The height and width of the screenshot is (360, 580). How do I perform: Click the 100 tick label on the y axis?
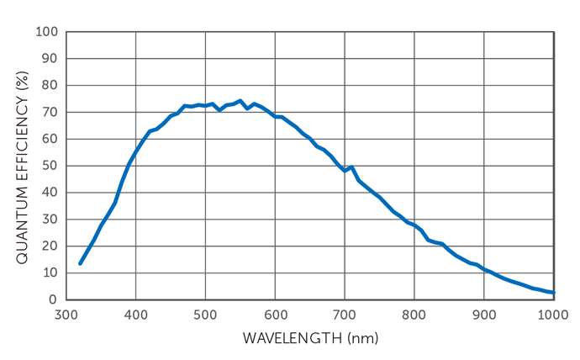(x=46, y=32)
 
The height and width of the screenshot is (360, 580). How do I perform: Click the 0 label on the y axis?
(x=52, y=299)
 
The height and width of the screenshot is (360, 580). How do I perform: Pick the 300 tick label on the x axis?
(x=66, y=315)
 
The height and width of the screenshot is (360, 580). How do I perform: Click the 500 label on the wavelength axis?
(x=205, y=315)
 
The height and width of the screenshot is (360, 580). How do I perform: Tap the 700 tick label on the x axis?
(x=345, y=315)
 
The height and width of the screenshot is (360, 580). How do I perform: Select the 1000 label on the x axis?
(x=553, y=315)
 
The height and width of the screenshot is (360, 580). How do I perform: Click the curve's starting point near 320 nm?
(x=80, y=263)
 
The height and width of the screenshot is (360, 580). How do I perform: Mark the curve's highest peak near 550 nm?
(x=240, y=101)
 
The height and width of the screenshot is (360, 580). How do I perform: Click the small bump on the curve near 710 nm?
(x=351, y=167)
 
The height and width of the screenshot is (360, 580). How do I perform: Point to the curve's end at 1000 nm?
(x=553, y=293)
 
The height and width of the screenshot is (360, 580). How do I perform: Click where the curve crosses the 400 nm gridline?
(x=135, y=152)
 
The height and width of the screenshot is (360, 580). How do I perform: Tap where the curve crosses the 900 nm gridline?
(x=483, y=269)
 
